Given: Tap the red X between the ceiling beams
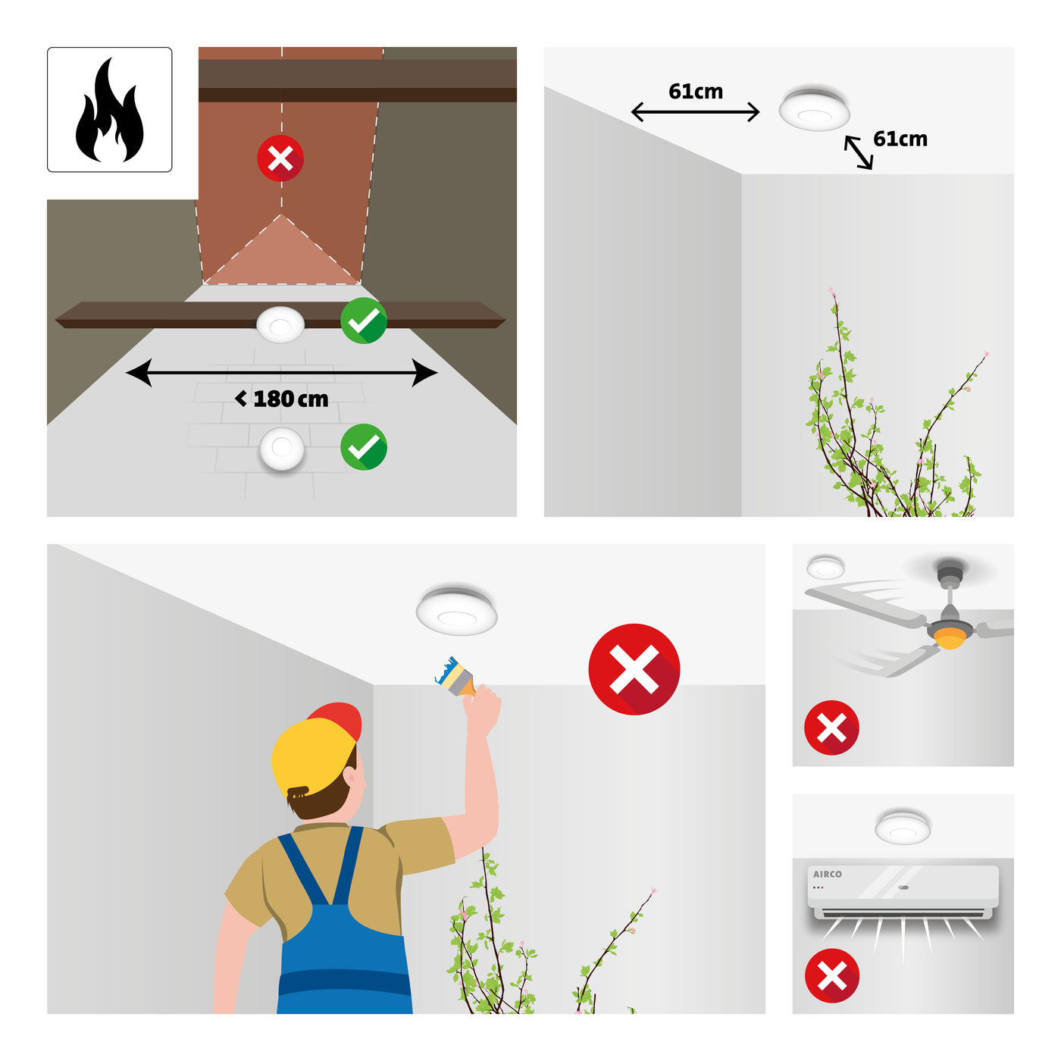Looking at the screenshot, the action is click(280, 158).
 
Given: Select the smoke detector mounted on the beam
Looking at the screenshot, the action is click(280, 324).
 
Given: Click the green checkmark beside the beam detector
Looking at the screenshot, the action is click(364, 321).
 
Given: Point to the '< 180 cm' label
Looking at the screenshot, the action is click(281, 399).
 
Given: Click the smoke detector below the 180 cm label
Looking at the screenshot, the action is click(282, 448).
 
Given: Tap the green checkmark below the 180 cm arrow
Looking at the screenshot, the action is click(364, 446).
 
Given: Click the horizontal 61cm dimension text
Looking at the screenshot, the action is click(696, 92).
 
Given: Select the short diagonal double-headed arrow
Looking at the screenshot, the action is click(858, 152).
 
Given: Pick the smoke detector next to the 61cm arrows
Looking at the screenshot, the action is click(815, 108).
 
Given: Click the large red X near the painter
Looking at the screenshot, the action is click(634, 669).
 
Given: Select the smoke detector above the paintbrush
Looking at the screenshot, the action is click(456, 611).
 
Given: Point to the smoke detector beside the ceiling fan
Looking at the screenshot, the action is click(825, 568).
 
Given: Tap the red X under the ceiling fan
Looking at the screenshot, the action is click(831, 728).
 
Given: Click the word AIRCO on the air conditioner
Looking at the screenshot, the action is click(827, 874).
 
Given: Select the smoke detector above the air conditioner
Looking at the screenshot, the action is click(903, 827).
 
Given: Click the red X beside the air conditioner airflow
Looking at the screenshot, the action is click(832, 975).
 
